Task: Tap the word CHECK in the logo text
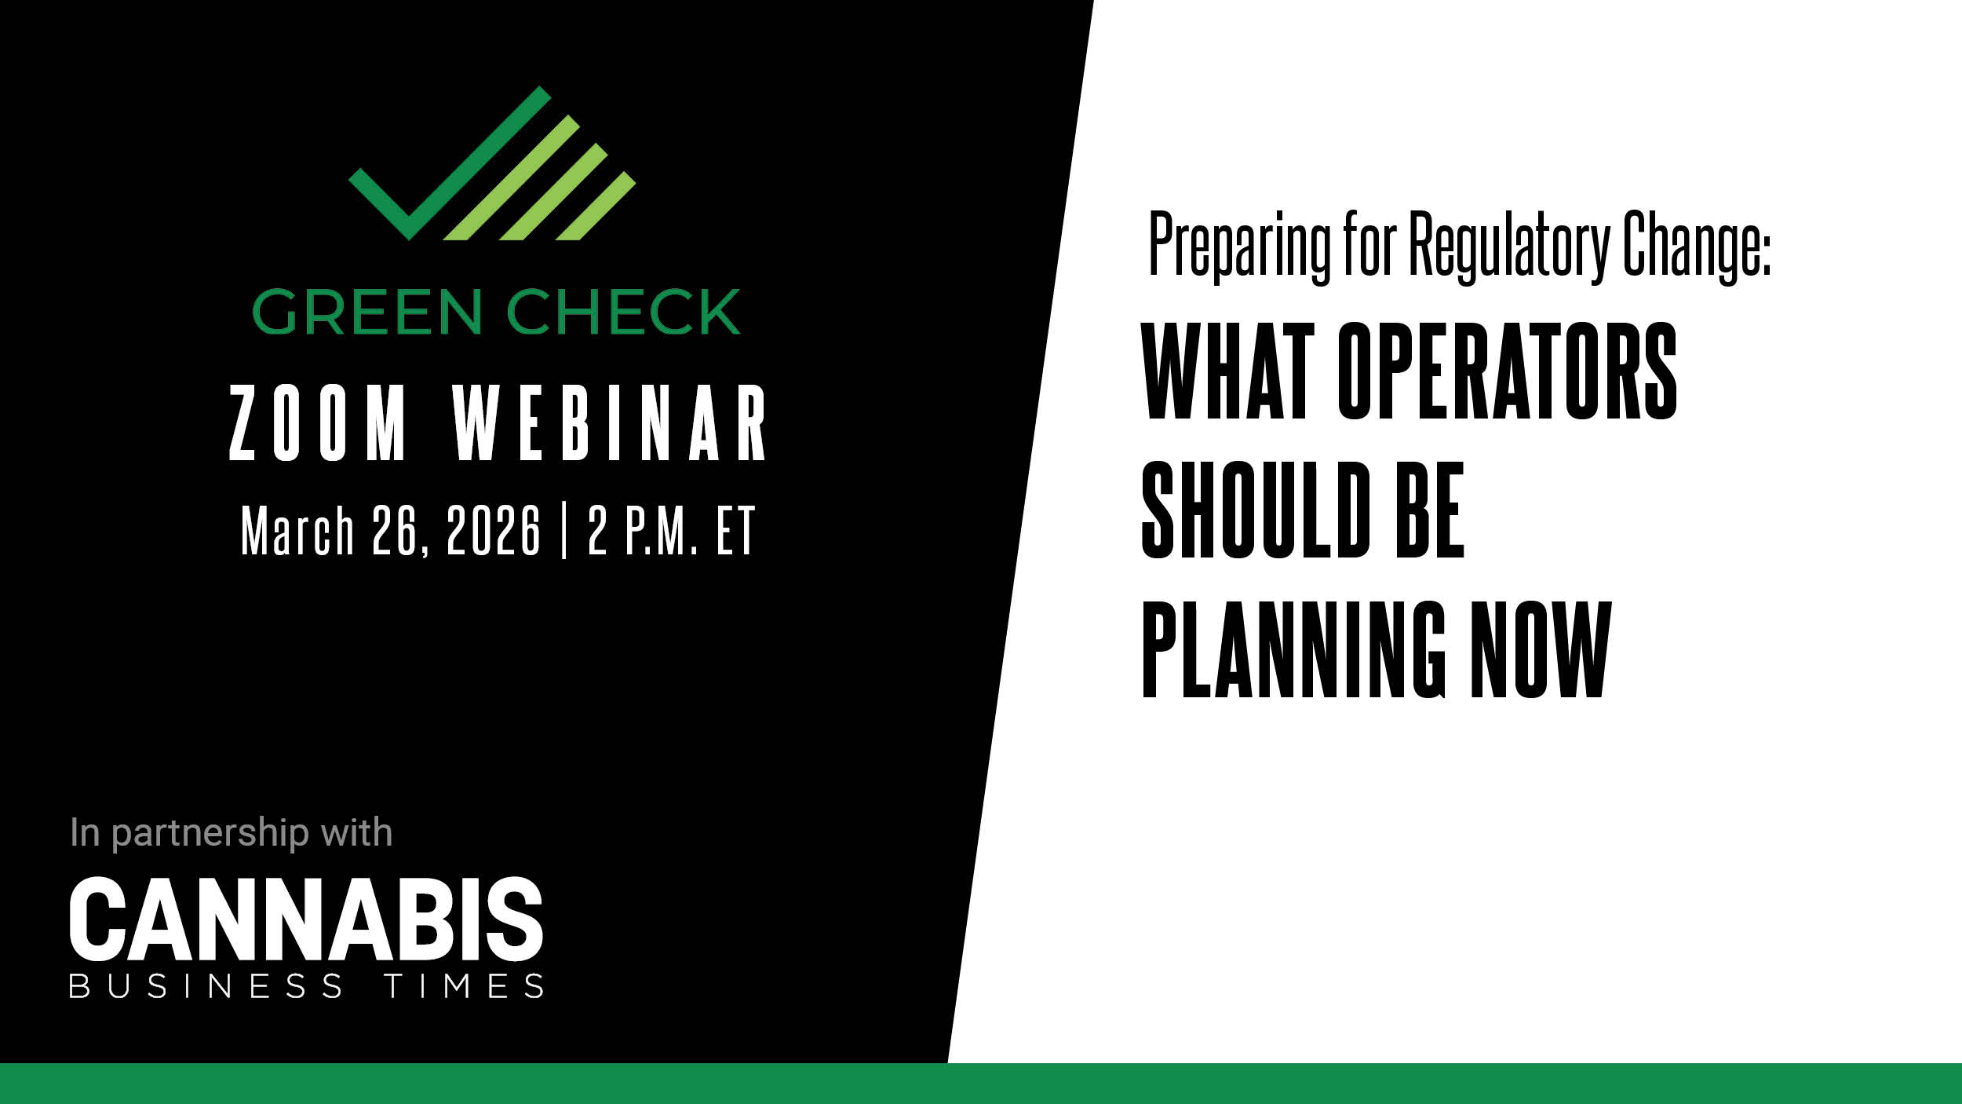(x=624, y=312)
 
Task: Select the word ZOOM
(x=319, y=422)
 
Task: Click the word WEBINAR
(x=610, y=422)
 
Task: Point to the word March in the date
(x=297, y=530)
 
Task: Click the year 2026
(x=494, y=530)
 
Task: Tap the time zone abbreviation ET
(x=735, y=530)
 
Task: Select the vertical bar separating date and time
(x=565, y=532)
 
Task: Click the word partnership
(x=210, y=834)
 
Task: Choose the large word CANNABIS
(x=306, y=919)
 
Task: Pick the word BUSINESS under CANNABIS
(x=206, y=986)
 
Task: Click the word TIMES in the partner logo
(x=464, y=986)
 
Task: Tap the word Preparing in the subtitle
(x=1240, y=245)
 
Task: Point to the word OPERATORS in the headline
(x=1508, y=370)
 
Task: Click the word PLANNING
(x=1293, y=649)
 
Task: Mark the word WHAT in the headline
(x=1228, y=370)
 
